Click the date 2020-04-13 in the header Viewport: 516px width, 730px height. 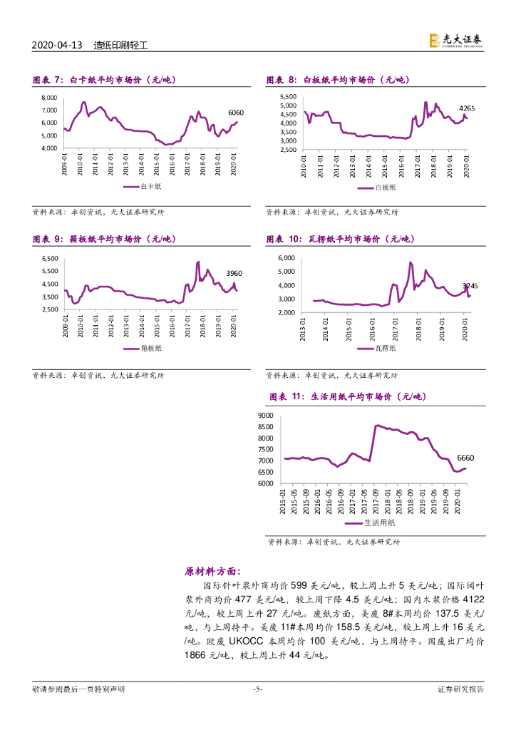click(58, 46)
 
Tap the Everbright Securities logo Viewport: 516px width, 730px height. click(455, 41)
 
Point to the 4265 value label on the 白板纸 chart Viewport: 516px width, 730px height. click(467, 108)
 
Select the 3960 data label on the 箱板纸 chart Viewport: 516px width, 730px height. click(234, 273)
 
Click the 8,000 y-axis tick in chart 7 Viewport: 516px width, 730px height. click(49, 98)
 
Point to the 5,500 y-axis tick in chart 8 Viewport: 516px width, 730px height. click(287, 96)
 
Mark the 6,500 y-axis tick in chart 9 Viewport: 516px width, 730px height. click(50, 258)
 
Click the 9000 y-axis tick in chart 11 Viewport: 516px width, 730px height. click(266, 415)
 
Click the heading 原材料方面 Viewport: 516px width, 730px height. click(212, 571)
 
